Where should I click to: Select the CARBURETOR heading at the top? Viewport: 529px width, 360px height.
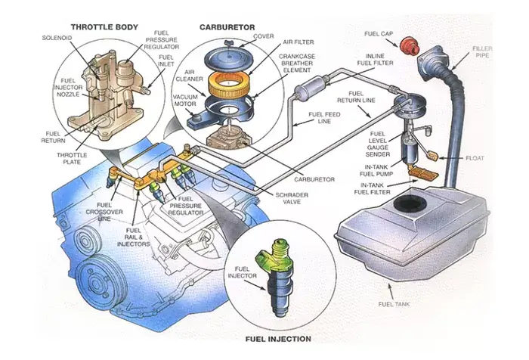[x=227, y=26]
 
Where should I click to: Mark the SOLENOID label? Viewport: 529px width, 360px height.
[x=55, y=36]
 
